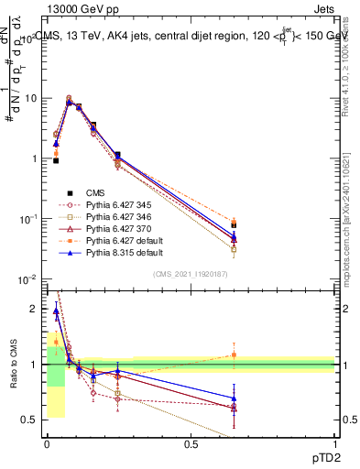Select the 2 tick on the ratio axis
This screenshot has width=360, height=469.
coord(35,309)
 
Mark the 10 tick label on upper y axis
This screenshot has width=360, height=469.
coord(31,98)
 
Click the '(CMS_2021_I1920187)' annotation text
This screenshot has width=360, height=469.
coord(191,274)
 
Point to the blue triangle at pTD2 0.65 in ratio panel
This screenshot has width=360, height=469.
coord(235,398)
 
